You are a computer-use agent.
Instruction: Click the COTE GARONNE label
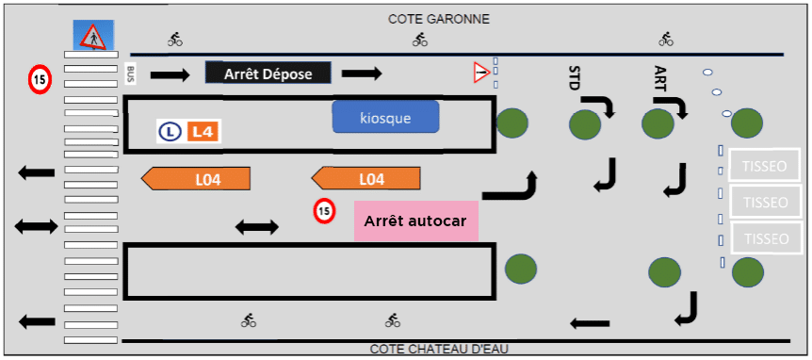coord(439,19)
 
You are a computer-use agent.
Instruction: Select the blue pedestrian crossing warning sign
coord(91,37)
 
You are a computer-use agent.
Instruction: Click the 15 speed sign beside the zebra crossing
coord(39,79)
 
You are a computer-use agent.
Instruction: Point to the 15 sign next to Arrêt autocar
coord(324,212)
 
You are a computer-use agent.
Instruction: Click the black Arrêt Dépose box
coord(268,74)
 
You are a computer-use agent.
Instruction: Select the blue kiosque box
coord(385,118)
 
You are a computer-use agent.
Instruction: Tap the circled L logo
coord(171,132)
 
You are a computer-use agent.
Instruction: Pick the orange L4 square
coord(203,132)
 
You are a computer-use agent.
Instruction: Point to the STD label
coord(575,78)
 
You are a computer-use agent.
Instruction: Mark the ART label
coord(659,78)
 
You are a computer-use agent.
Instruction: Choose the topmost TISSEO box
coord(764,164)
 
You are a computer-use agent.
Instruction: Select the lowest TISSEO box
coord(764,238)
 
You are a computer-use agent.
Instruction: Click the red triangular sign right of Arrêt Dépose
coord(481,72)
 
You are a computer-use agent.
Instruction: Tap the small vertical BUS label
coord(131,73)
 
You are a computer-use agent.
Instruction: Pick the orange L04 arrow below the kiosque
coord(365,178)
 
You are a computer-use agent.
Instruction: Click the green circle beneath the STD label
coord(585,123)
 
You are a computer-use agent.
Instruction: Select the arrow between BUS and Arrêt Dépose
coord(171,74)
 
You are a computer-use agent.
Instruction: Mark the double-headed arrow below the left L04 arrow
coord(256,226)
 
